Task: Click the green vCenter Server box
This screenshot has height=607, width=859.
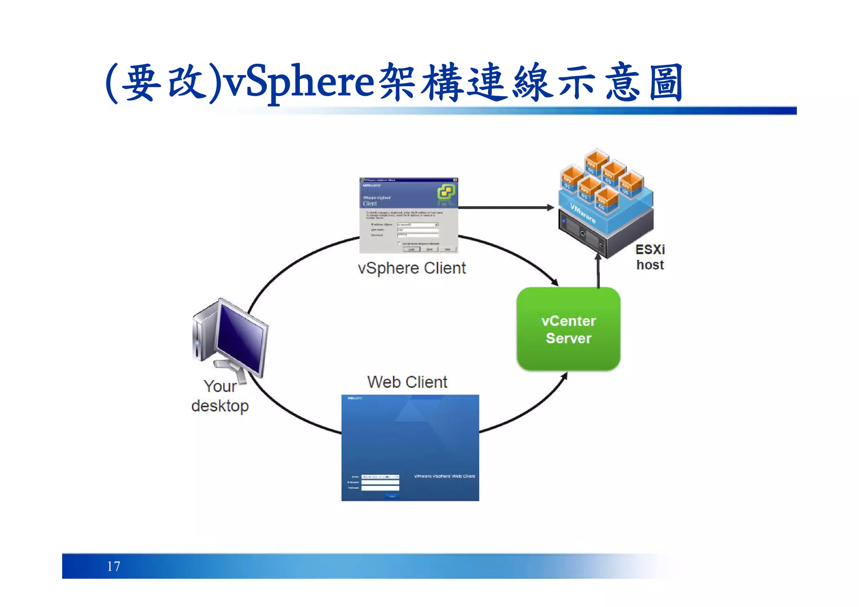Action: [x=568, y=329]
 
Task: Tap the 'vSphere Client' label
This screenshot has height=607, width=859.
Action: [x=411, y=268]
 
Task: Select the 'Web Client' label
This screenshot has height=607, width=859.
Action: [x=407, y=382]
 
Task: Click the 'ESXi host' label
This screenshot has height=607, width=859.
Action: [x=650, y=257]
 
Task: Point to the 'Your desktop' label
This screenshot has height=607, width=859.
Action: [x=220, y=396]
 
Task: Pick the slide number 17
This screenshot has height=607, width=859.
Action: [x=114, y=566]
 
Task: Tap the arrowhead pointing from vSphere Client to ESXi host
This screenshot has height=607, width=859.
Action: [x=550, y=207]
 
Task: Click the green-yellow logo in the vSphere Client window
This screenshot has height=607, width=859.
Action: [x=446, y=192]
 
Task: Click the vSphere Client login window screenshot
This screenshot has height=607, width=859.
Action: [x=409, y=215]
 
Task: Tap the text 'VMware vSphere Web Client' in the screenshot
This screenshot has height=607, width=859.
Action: [x=444, y=476]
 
